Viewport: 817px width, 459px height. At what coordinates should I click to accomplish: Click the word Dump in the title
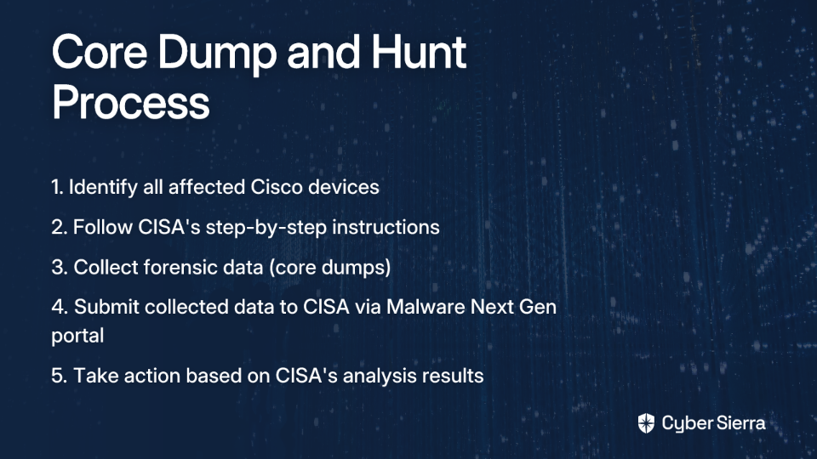pyautogui.click(x=216, y=53)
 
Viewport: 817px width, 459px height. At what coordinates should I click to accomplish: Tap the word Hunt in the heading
pyautogui.click(x=419, y=52)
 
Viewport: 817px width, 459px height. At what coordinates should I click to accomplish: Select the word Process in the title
pyautogui.click(x=131, y=103)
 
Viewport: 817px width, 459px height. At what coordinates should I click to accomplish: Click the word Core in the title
pyautogui.click(x=100, y=52)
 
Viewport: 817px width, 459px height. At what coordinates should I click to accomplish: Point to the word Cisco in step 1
pyautogui.click(x=277, y=187)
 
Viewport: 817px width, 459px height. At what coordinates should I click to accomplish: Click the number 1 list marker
pyautogui.click(x=57, y=187)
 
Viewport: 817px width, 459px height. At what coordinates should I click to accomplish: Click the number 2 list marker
pyautogui.click(x=60, y=228)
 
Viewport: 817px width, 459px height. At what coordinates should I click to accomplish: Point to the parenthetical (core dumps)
pyautogui.click(x=330, y=268)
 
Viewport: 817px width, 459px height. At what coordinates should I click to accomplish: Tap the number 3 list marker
pyautogui.click(x=60, y=268)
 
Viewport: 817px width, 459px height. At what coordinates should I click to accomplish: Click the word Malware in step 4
pyautogui.click(x=426, y=307)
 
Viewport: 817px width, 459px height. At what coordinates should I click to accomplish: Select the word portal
pyautogui.click(x=77, y=337)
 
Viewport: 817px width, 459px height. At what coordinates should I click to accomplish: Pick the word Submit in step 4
pyautogui.click(x=107, y=307)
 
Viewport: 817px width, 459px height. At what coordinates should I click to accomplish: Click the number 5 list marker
pyautogui.click(x=60, y=376)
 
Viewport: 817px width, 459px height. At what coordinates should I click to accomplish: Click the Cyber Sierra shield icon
pyautogui.click(x=646, y=423)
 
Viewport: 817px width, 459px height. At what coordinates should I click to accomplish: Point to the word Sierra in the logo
pyautogui.click(x=740, y=422)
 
